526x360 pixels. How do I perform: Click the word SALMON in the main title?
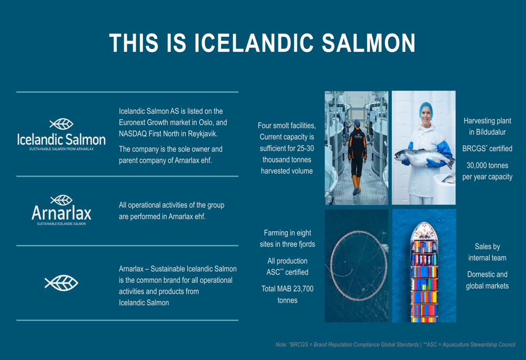click(x=368, y=43)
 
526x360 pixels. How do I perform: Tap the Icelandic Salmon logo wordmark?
click(x=62, y=139)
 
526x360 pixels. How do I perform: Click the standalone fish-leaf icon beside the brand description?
click(x=62, y=283)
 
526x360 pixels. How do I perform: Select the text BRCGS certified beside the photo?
click(x=487, y=149)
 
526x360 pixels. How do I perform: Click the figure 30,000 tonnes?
click(x=487, y=165)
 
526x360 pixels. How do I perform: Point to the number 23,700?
click(x=302, y=289)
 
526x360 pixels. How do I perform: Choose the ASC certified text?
click(x=288, y=272)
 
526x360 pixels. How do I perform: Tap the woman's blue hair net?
click(x=426, y=108)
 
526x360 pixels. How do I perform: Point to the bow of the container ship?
click(x=424, y=224)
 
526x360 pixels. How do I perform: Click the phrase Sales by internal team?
click(x=487, y=252)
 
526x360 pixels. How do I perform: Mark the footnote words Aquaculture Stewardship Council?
click(x=479, y=345)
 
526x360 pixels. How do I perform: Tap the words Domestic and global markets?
click(x=487, y=280)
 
